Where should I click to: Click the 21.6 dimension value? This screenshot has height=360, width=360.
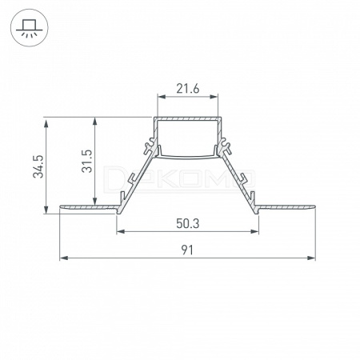pyautogui.click(x=187, y=89)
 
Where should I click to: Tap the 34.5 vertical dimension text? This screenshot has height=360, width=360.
pyautogui.click(x=38, y=166)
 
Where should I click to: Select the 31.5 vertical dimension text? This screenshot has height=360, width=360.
pyautogui.click(x=87, y=161)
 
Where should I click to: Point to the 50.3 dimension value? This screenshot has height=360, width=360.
pyautogui.click(x=187, y=223)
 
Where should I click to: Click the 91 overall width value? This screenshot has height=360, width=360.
pyautogui.click(x=187, y=250)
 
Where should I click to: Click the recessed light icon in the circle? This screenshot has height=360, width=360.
pyautogui.click(x=30, y=28)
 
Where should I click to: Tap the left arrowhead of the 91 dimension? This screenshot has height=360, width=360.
pyautogui.click(x=64, y=258)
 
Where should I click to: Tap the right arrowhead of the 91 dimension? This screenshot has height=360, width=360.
pyautogui.click(x=311, y=258)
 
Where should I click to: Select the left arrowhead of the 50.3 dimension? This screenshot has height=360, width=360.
pyautogui.click(x=121, y=231)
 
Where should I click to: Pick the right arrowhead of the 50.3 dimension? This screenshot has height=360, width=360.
pyautogui.click(x=254, y=231)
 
